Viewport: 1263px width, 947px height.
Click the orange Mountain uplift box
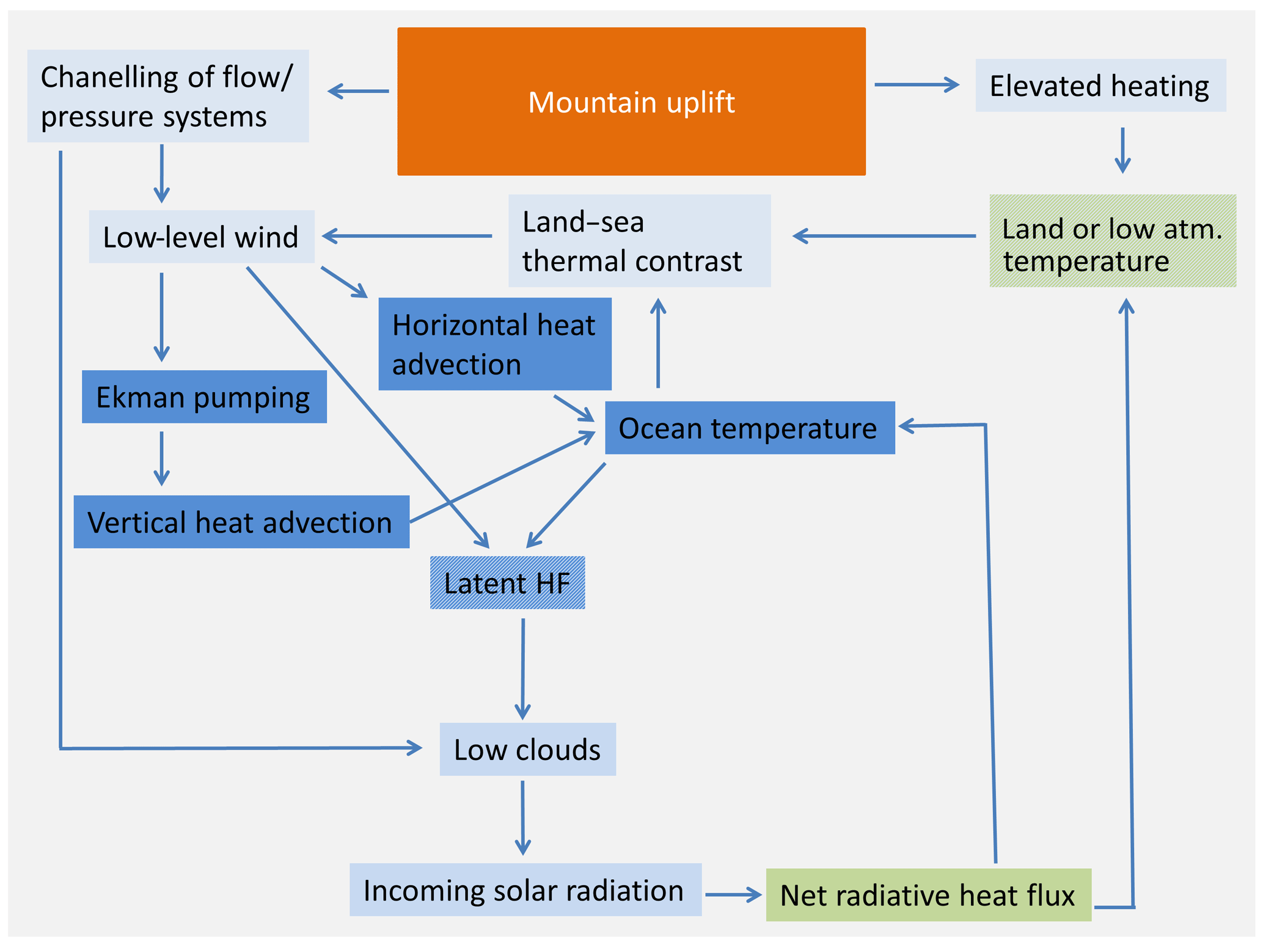point(631,101)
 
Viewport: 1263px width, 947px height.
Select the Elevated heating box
point(1099,86)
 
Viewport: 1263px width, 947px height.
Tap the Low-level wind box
point(201,236)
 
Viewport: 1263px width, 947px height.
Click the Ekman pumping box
point(204,397)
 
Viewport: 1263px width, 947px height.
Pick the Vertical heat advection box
point(241,522)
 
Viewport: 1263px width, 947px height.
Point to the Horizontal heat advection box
point(494,344)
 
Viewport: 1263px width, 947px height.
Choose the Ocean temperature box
point(749,428)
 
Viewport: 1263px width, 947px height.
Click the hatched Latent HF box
point(507,583)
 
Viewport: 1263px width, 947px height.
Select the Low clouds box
point(527,749)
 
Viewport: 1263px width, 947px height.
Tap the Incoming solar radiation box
point(525,890)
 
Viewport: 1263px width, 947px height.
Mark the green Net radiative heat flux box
point(928,895)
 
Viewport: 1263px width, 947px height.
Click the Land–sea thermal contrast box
point(639,241)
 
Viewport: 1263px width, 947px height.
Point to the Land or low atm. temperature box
point(1112,241)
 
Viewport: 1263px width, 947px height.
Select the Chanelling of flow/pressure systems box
point(167,96)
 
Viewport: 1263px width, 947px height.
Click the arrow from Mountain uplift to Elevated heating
point(917,84)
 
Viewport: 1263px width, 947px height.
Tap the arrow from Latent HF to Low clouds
point(522,669)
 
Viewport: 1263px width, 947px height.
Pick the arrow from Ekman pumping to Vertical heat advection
point(161,458)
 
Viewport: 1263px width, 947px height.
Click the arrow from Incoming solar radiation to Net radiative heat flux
point(733,894)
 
